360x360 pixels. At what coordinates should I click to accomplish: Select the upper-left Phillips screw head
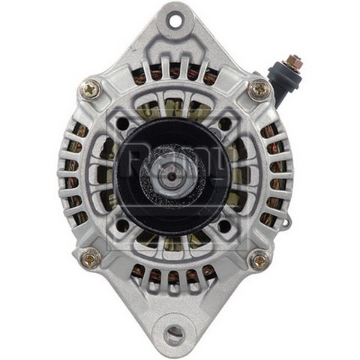(x=91, y=89)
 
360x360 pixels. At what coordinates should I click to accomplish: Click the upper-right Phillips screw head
(x=259, y=90)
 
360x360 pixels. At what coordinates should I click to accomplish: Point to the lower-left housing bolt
(x=90, y=259)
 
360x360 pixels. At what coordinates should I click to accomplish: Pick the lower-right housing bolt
(x=259, y=259)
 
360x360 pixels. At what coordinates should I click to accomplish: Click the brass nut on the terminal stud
(x=295, y=62)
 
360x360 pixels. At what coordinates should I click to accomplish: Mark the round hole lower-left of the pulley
(x=124, y=224)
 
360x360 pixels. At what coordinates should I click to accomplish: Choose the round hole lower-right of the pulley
(x=225, y=224)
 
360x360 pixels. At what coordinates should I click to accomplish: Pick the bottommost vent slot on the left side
(x=80, y=219)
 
